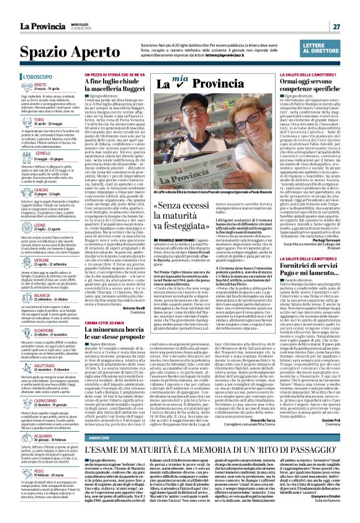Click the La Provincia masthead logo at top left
point(29,9)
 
